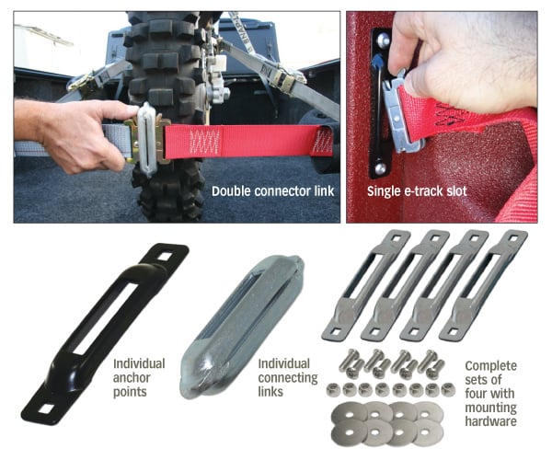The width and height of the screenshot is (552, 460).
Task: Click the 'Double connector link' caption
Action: tap(273, 191)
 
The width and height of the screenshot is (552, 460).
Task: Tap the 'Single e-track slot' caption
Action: tap(417, 191)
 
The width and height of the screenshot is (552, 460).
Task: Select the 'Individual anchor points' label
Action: tap(139, 377)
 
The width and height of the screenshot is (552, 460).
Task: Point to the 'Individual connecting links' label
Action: tap(288, 377)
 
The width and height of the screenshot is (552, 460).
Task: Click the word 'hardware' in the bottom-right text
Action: tap(490, 421)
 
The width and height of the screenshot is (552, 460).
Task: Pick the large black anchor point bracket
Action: tap(105, 334)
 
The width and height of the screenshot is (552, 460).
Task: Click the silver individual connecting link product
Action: tap(242, 326)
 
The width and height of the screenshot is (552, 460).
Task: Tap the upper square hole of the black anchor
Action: tap(165, 257)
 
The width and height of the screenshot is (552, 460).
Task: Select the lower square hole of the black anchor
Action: tap(46, 408)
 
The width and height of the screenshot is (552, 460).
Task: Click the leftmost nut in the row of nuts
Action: tap(332, 389)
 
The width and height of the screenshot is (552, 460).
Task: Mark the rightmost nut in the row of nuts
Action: tap(448, 389)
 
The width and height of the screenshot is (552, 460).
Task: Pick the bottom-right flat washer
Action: tap(426, 431)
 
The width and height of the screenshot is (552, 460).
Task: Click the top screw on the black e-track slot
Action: tap(384, 40)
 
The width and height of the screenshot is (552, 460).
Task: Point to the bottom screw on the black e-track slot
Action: tap(380, 168)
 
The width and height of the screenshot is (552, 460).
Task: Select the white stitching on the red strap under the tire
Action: tap(204, 143)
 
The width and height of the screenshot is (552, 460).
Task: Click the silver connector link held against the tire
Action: tap(146, 139)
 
